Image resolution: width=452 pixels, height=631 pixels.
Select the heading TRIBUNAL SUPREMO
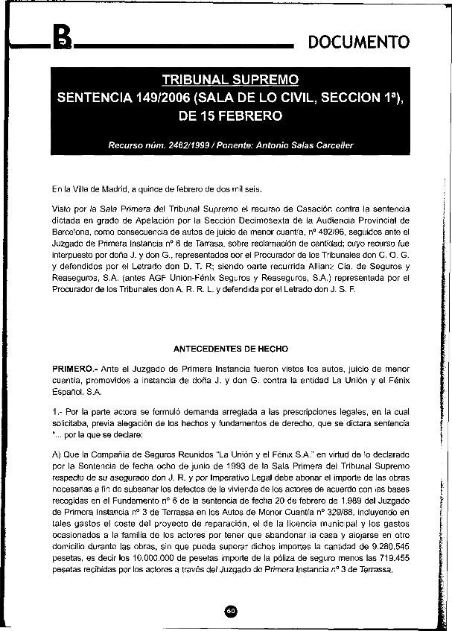tap(230, 80)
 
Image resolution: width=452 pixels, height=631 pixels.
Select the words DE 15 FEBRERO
tap(230, 117)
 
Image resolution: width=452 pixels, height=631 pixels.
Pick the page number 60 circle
tap(230, 610)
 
